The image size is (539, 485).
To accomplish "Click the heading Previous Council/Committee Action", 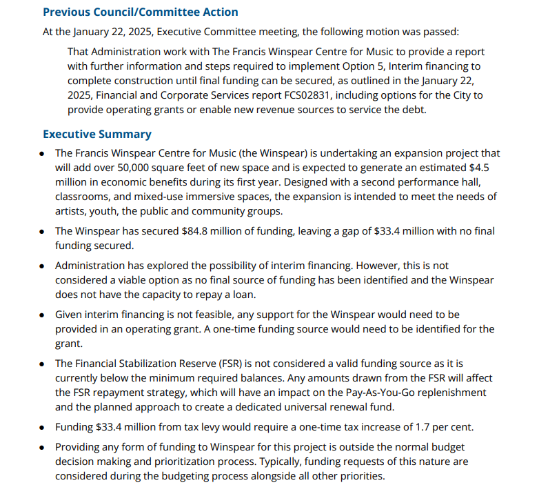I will (140, 12).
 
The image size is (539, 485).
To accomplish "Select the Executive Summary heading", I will (97, 134).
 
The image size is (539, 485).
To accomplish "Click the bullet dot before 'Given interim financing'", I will (43, 315).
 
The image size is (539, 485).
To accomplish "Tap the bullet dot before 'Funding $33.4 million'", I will (43, 428).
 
